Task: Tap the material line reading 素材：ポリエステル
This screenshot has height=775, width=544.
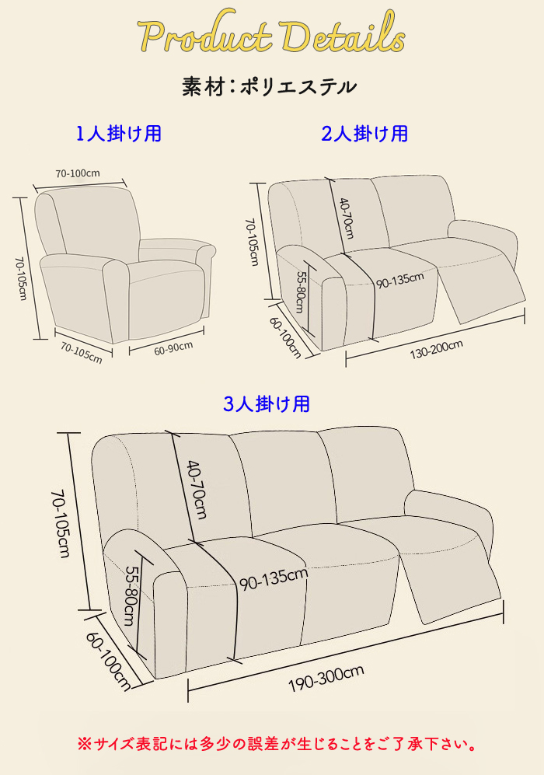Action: point(269,87)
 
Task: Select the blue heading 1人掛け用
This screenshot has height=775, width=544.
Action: point(119,134)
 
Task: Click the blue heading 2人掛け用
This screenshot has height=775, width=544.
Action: point(364,134)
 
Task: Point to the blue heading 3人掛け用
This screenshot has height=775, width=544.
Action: point(267,403)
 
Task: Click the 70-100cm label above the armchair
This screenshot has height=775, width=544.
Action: point(78,173)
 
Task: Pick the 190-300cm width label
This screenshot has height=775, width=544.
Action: point(326,678)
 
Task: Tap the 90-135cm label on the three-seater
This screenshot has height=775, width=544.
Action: point(274,579)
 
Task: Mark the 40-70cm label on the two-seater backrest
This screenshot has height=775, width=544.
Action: point(347,218)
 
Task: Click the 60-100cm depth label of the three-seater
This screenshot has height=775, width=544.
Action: point(109,662)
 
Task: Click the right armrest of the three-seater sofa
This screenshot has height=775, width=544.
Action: point(448,520)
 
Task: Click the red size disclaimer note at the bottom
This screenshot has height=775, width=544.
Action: point(277,744)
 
